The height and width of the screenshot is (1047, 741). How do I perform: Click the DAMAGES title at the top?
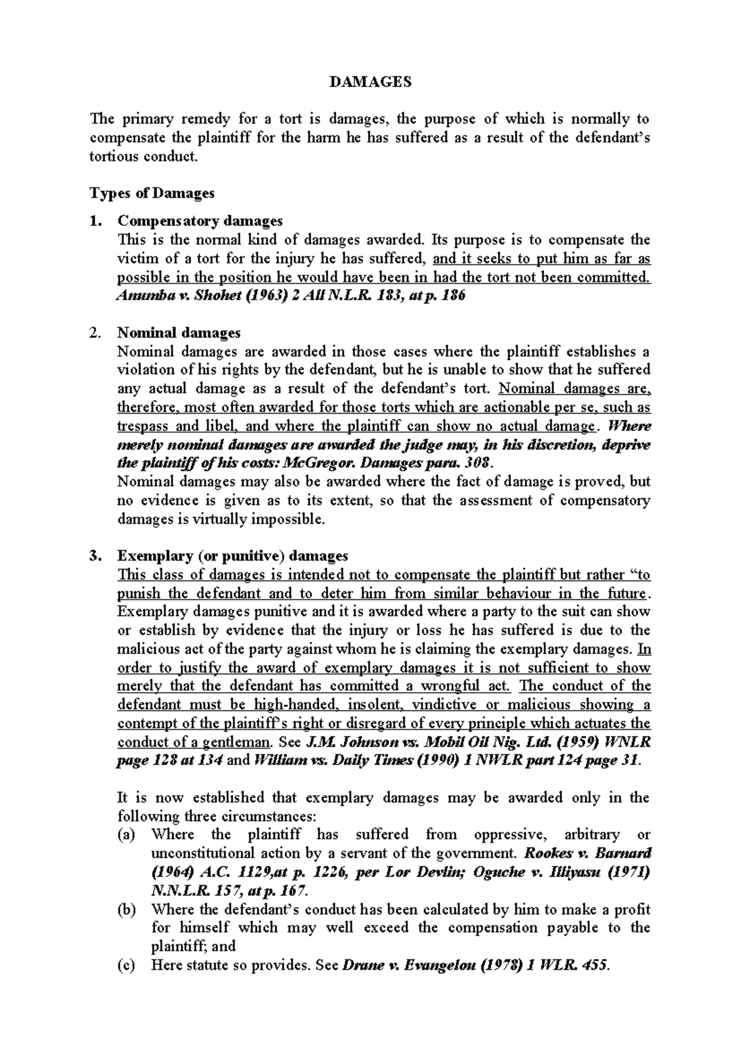(x=371, y=82)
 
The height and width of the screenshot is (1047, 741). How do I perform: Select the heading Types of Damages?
(x=152, y=193)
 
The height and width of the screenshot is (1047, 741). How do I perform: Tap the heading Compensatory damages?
(x=200, y=221)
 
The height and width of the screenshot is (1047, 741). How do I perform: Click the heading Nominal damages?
(x=178, y=333)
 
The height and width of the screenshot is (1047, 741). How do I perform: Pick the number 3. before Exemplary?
(x=94, y=556)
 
